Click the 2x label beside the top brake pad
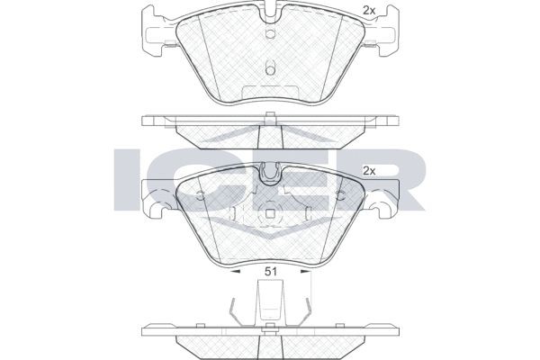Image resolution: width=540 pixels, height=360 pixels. [368, 10]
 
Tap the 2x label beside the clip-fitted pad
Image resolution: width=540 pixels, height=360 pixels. [368, 170]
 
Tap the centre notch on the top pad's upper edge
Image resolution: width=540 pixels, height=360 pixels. [270, 15]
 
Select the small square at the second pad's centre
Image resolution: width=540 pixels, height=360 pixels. [270, 215]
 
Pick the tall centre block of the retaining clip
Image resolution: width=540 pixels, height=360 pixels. [270, 301]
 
